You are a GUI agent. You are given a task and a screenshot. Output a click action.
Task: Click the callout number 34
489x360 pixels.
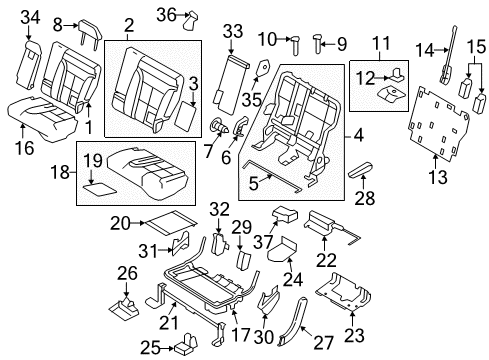tap(30, 17)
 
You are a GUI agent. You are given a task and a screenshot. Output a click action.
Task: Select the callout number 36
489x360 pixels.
tap(166, 15)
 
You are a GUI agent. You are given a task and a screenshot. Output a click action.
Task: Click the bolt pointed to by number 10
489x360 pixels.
tap(296, 46)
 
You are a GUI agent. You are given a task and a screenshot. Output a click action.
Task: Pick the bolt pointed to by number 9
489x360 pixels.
tap(318, 44)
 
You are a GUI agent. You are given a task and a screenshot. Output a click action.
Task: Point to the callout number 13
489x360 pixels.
tap(438, 177)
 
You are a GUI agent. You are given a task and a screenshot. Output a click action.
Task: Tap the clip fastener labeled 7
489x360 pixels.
tap(219, 126)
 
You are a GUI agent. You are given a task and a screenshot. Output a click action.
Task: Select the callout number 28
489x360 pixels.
tap(365, 198)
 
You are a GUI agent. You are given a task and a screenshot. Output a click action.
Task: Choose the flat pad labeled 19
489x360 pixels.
tap(99, 190)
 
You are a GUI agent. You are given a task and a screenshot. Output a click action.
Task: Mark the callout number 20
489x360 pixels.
tap(120, 223)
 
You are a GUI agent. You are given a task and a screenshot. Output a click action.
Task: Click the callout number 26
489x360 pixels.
tap(127, 273)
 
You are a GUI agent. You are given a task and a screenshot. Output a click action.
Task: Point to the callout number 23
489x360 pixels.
tap(354, 335)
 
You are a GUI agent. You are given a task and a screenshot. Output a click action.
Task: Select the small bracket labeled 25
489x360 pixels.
tap(186, 344)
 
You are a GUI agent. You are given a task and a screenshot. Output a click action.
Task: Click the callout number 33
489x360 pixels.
tap(233, 32)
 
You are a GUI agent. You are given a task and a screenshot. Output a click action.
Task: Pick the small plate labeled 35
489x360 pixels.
tap(263, 69)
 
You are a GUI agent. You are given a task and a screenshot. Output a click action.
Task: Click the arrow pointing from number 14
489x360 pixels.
tap(442, 50)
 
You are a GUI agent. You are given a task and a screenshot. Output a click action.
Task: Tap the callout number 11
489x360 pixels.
tap(381, 44)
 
